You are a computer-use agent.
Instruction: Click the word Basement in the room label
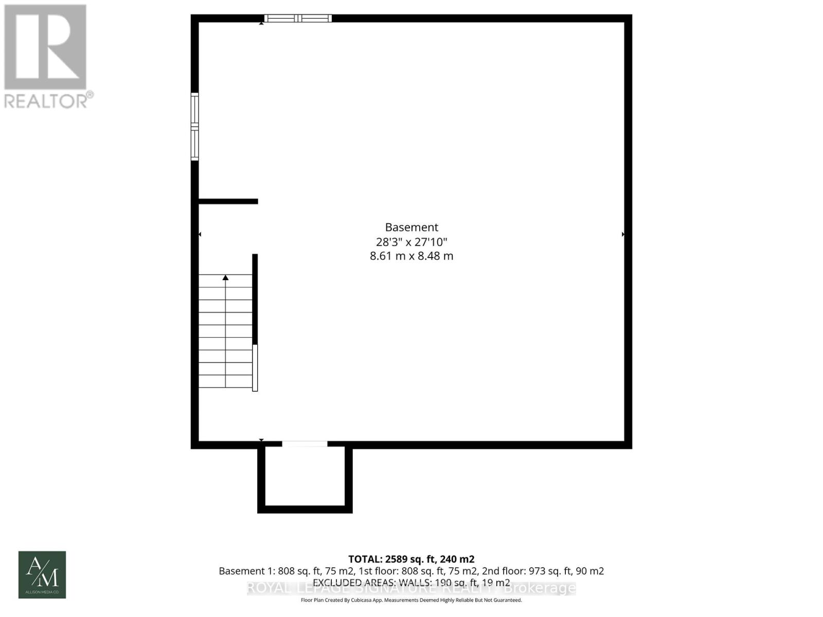click(411, 227)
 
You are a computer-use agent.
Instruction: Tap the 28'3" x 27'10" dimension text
click(411, 242)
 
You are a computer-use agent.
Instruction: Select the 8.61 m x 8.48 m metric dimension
click(411, 256)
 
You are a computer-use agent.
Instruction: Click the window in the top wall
click(298, 19)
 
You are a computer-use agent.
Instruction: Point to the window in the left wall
click(194, 126)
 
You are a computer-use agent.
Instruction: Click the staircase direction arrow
click(225, 278)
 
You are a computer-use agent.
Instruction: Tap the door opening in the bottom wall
click(305, 444)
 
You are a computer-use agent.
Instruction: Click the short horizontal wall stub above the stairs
click(228, 202)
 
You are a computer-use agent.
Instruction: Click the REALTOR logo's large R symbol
click(45, 47)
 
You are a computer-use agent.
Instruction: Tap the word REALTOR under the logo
click(46, 100)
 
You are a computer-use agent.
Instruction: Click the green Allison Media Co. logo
click(42, 574)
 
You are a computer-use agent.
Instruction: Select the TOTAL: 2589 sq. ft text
click(411, 559)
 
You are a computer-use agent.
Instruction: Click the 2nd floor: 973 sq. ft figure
click(543, 571)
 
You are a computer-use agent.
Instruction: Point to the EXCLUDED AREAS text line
click(411, 583)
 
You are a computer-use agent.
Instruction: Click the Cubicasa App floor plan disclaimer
click(411, 600)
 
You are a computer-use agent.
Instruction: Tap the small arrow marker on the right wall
click(623, 234)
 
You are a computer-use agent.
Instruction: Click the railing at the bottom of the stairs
click(255, 368)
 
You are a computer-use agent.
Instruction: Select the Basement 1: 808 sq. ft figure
click(270, 571)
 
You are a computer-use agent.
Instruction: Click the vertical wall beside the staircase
click(255, 298)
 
